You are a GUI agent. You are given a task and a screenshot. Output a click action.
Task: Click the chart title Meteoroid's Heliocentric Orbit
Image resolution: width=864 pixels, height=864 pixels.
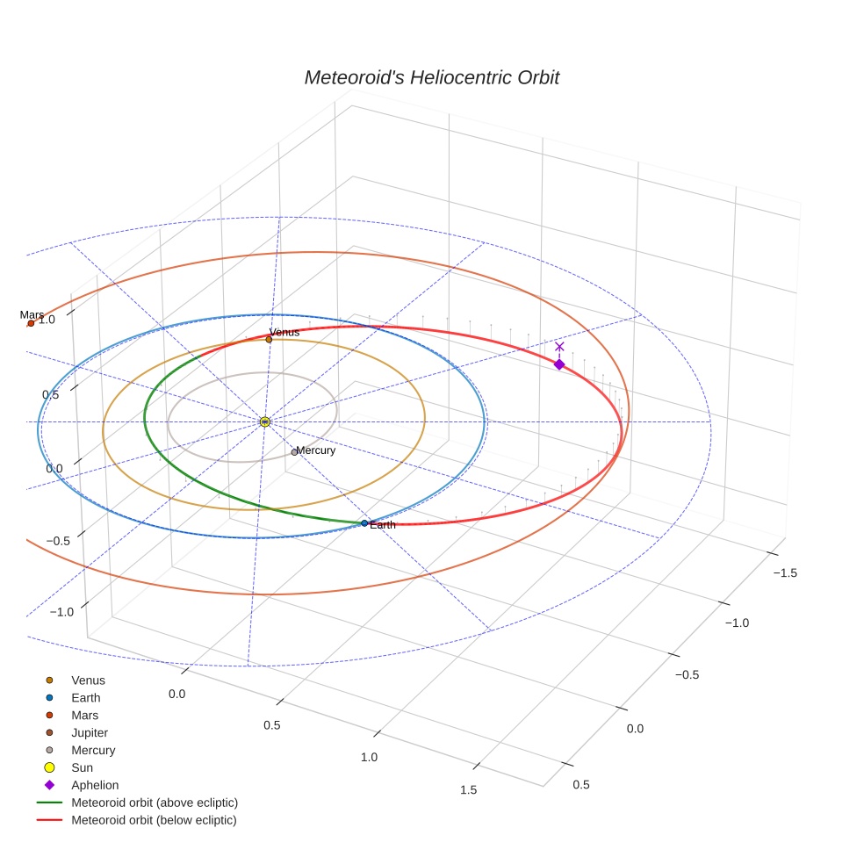pos(431,77)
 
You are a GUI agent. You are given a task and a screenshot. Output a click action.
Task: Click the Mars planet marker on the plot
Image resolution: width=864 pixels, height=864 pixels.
pos(31,323)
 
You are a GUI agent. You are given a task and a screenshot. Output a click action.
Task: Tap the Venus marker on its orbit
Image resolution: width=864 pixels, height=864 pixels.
pos(269,340)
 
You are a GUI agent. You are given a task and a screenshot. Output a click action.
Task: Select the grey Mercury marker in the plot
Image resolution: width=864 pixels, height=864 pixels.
pos(294,452)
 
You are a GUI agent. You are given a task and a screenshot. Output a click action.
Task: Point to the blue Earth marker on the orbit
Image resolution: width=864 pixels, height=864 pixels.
pos(364,523)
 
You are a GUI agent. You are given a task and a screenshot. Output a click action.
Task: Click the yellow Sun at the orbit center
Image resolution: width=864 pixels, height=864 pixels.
pos(264,422)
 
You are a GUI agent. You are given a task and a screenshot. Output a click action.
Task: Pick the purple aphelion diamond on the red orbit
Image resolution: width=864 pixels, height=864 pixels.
pos(559,364)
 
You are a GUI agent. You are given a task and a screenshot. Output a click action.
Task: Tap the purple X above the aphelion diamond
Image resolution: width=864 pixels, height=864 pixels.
pos(559,347)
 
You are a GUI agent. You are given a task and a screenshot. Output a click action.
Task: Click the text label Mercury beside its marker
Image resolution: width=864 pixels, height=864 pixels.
pos(316,450)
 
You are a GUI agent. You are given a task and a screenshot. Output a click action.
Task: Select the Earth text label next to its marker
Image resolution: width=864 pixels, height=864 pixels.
pos(383,525)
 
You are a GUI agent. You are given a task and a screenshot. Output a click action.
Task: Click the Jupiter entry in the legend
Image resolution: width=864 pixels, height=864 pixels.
pos(90,732)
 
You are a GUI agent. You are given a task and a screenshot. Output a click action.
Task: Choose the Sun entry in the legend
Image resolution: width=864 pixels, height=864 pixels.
pos(82,767)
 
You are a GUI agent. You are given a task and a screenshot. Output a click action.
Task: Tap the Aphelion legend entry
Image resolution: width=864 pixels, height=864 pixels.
pos(95,785)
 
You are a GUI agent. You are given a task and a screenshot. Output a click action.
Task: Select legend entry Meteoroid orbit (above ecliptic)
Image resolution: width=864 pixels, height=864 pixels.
pos(155,803)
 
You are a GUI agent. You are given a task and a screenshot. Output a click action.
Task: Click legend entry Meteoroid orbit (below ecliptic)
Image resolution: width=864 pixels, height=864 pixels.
pos(155,820)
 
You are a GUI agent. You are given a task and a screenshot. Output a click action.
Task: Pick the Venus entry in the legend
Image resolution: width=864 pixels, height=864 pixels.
pos(88,680)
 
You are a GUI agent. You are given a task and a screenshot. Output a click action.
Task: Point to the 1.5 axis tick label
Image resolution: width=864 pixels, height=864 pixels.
pos(468,790)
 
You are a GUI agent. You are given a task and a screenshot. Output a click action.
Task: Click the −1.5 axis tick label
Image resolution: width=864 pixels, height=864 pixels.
pos(785,572)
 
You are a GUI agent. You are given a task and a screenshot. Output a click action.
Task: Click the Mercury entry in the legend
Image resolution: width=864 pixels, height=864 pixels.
pos(93,750)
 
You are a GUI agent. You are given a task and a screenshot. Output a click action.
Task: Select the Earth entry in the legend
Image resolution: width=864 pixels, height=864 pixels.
pos(86,697)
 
